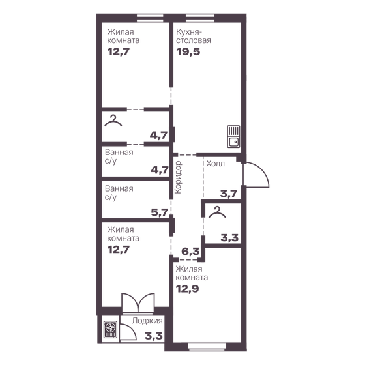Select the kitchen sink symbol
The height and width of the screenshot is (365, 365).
[233, 135]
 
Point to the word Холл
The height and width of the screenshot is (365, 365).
[215, 164]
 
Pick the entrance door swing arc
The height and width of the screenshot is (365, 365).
[257, 174]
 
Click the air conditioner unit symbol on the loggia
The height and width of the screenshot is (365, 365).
[109, 330]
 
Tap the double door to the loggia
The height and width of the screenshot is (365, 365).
[138, 304]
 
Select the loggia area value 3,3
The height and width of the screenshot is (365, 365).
[154, 338]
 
